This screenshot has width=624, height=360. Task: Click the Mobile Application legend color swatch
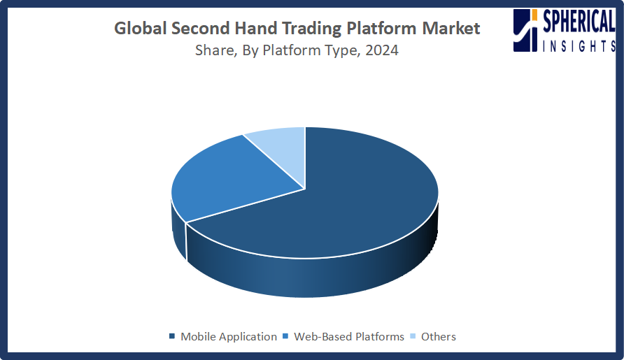tap(172, 336)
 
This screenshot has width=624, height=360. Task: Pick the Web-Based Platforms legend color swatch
tap(285, 336)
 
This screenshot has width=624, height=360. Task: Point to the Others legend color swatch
tap(413, 336)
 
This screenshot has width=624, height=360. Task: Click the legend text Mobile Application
tap(229, 336)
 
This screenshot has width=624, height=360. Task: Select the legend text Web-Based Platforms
tap(349, 336)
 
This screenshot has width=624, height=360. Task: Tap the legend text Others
tap(439, 336)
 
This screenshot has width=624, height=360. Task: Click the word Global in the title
tap(141, 28)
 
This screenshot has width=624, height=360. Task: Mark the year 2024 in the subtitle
tap(382, 50)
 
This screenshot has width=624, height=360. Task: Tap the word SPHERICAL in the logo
tap(579, 22)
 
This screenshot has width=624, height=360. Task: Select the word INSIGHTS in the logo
tap(579, 46)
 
